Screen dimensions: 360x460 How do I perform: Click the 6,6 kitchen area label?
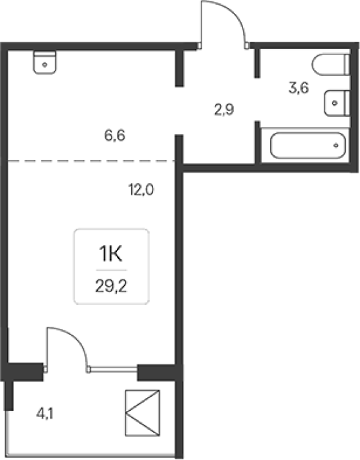point(115,136)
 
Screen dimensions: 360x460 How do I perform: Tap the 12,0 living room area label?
point(141,189)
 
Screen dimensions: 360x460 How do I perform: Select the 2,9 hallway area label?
point(224,109)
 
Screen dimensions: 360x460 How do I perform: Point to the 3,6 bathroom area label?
point(298,88)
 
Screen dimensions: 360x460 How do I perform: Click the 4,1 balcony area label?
point(44,414)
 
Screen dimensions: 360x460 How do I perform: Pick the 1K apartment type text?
point(111,254)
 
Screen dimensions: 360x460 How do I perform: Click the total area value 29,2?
point(111,286)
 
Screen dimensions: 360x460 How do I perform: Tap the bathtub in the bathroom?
point(308,146)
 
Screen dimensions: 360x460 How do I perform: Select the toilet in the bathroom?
point(331,64)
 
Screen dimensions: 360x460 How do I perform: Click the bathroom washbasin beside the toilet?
point(337,103)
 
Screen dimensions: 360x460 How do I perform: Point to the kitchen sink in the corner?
point(44,62)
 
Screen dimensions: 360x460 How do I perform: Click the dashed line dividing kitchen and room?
point(91,160)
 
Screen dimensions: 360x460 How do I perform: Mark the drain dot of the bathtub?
point(336,146)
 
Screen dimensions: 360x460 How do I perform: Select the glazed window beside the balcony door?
point(114,369)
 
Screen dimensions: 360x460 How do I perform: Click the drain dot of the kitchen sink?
point(44,64)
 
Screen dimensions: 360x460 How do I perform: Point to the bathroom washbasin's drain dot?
point(334,103)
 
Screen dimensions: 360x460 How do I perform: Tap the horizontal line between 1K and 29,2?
point(111,270)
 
